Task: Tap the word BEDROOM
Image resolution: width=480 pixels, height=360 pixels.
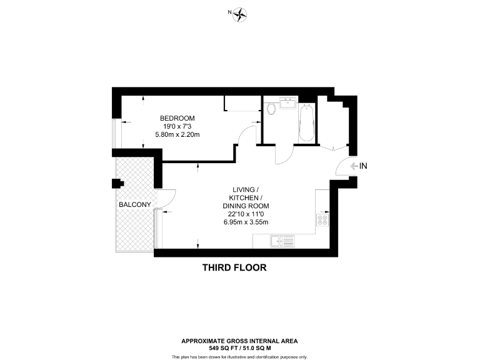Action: [177, 118]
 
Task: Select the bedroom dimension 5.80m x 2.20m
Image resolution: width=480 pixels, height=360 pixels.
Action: [177, 134]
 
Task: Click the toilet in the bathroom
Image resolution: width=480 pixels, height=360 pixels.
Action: [271, 109]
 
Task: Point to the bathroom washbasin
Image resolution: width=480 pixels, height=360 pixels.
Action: [289, 102]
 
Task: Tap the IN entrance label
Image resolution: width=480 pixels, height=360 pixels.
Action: [364, 166]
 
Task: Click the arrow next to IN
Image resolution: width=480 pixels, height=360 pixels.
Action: [353, 166]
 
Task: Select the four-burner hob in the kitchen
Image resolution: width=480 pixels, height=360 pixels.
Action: [323, 218]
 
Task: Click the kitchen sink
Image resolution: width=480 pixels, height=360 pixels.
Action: [282, 240]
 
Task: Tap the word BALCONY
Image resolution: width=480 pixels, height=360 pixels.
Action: [134, 204]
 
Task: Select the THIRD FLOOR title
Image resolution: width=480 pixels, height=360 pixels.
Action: [234, 267]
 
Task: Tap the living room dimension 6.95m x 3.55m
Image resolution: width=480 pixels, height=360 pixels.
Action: [246, 222]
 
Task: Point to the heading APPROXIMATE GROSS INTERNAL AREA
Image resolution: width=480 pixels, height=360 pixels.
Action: [239, 341]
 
